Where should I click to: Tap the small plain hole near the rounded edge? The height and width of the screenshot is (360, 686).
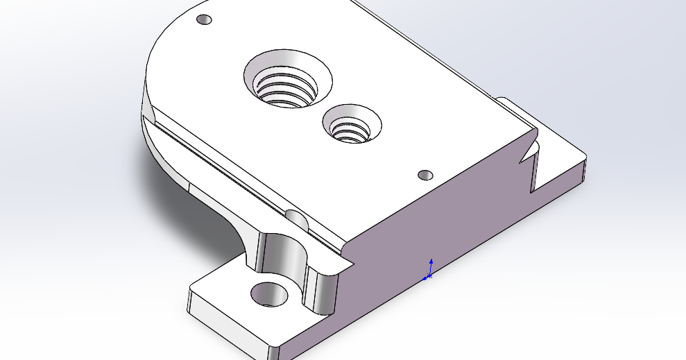click(x=204, y=19)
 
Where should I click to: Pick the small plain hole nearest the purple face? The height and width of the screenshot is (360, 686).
click(x=426, y=173)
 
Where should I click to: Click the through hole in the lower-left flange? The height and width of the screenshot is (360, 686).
click(x=269, y=293)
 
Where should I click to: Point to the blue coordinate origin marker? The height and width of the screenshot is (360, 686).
click(x=429, y=275)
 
